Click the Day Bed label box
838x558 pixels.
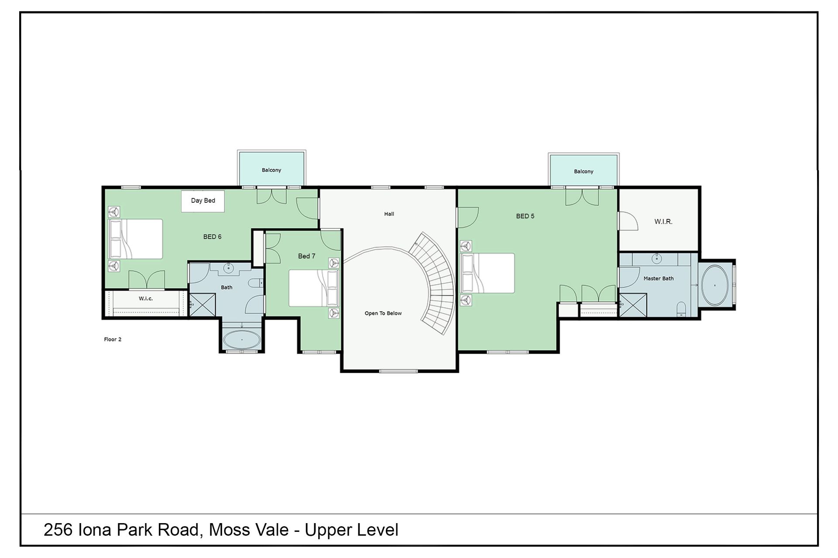click(203, 201)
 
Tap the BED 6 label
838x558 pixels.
click(212, 237)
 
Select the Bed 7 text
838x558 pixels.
click(306, 256)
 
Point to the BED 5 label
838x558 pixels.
click(525, 216)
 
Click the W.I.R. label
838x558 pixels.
click(663, 221)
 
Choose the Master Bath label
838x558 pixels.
click(659, 278)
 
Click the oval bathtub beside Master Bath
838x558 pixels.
click(714, 285)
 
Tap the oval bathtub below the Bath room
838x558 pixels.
click(242, 340)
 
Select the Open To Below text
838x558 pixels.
click(383, 313)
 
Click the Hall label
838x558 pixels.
click(389, 214)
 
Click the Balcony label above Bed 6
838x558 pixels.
click(271, 170)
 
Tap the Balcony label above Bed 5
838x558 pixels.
click(584, 171)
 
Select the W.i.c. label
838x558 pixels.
click(146, 299)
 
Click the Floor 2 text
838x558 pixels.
click(113, 339)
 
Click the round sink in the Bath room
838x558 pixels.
click(228, 269)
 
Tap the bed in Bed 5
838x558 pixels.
click(488, 273)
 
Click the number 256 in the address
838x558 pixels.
click(58, 530)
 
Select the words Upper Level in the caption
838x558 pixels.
click(351, 530)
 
